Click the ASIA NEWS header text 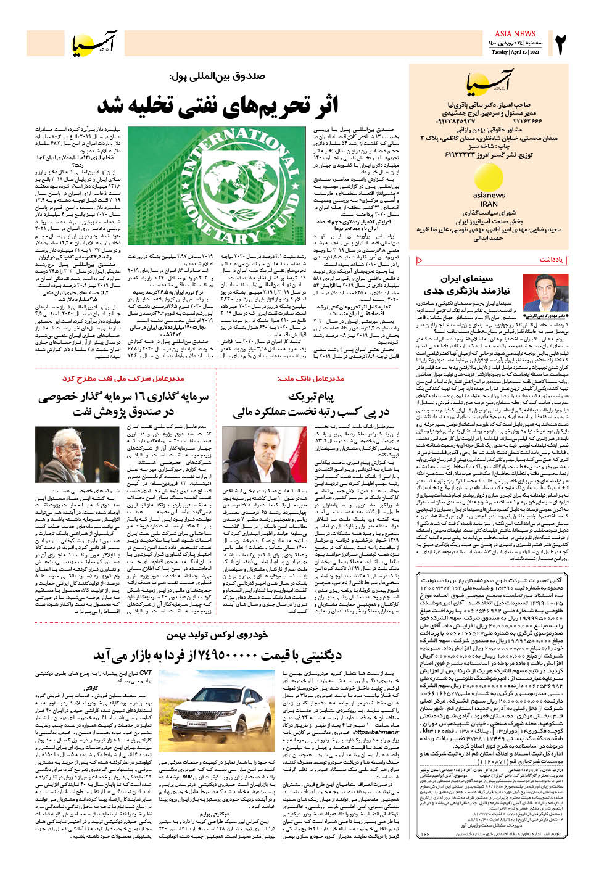[515, 33]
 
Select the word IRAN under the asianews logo [489, 204]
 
